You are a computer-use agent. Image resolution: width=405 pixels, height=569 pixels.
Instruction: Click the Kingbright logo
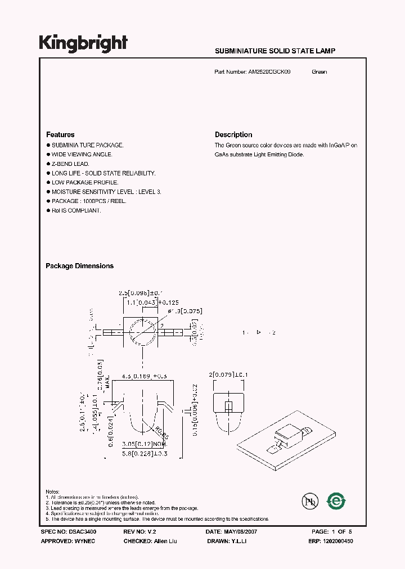click(83, 43)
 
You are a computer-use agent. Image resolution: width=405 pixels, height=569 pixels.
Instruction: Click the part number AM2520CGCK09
click(269, 72)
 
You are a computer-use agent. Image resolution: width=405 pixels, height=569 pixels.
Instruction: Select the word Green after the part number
click(319, 72)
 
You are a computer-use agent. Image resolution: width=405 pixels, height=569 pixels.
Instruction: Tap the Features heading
click(60, 135)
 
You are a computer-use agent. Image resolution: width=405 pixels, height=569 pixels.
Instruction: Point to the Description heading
click(233, 135)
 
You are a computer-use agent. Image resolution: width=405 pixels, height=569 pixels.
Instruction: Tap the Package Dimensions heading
click(79, 266)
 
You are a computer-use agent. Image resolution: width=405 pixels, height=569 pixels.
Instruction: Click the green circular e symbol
click(337, 500)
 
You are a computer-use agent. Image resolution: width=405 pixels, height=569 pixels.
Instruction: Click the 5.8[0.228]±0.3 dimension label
click(145, 453)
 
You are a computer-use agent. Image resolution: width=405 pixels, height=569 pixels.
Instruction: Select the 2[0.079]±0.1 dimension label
click(229, 375)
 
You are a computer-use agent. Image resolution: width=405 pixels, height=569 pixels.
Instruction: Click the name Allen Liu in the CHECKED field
click(164, 541)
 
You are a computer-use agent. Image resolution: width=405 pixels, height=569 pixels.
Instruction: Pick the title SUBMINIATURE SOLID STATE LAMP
click(275, 51)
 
